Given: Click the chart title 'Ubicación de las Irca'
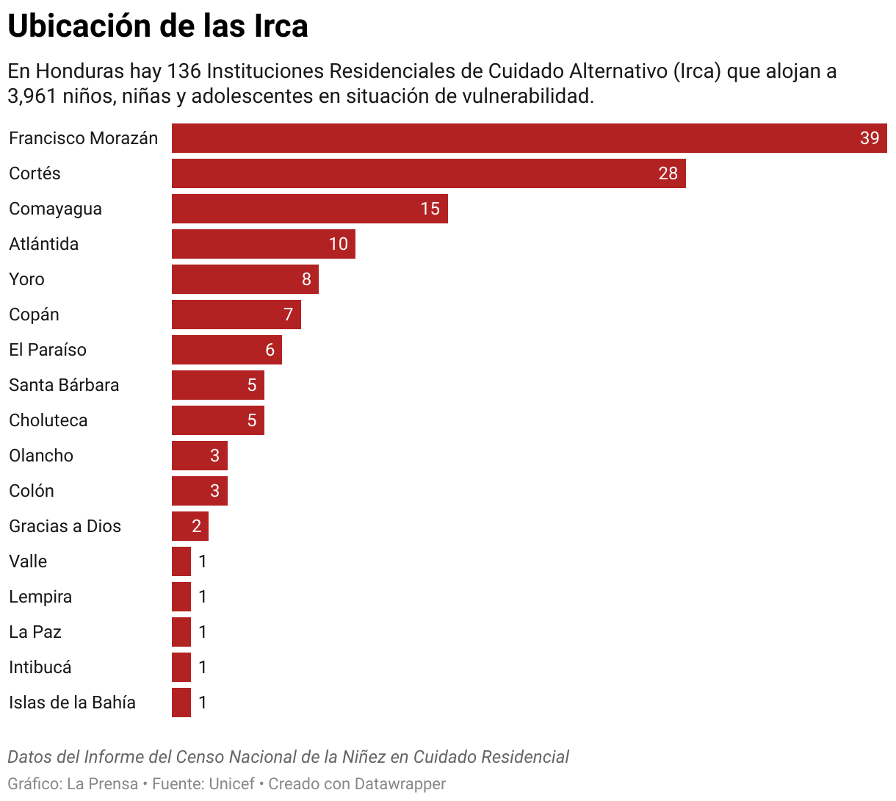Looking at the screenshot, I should click(158, 26).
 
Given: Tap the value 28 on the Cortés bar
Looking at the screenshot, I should click(668, 173).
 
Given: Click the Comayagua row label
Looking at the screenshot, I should click(55, 209).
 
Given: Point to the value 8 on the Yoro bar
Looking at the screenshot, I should click(306, 279).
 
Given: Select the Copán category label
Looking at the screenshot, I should click(34, 315).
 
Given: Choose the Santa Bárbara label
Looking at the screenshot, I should click(64, 385).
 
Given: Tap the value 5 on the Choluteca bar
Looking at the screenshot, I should click(252, 420).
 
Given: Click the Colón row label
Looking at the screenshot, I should click(32, 491).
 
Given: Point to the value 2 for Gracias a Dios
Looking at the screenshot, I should click(196, 526).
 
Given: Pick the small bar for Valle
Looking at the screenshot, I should click(181, 561).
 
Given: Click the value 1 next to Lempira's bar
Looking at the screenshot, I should click(203, 597).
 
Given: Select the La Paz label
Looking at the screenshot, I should click(35, 632).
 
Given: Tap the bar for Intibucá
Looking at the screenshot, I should click(181, 667).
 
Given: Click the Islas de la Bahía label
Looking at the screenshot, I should click(72, 703).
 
